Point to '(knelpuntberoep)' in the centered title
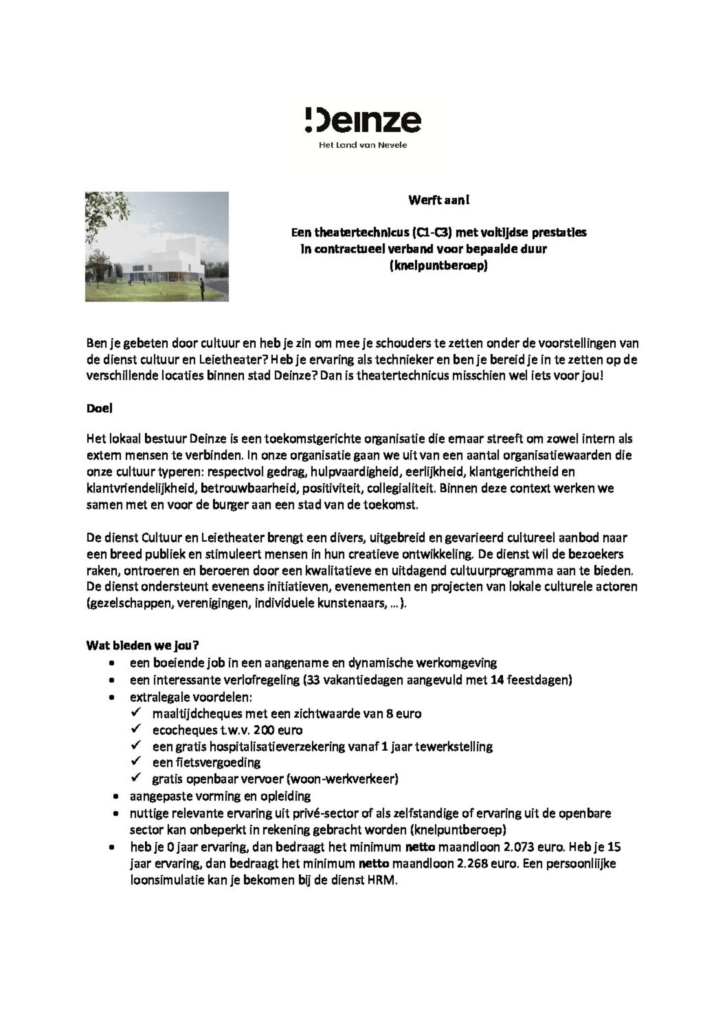tap(438, 266)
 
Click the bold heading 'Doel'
tap(100, 408)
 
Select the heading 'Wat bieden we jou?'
tap(142, 645)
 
